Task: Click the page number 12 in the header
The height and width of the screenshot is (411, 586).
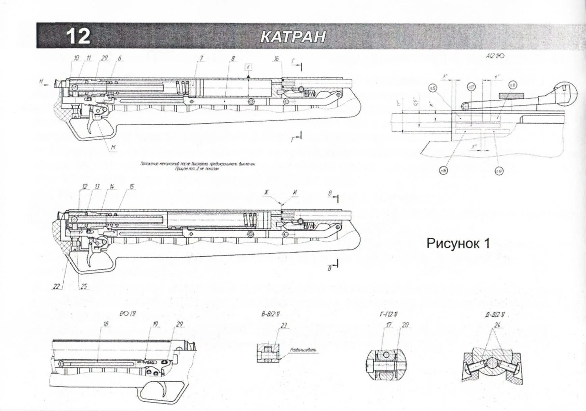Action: [x=78, y=36]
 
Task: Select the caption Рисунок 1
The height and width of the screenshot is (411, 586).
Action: [x=458, y=243]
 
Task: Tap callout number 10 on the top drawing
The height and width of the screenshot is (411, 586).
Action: [x=76, y=58]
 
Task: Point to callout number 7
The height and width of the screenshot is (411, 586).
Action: [x=201, y=58]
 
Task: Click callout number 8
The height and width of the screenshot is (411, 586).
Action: [x=233, y=59]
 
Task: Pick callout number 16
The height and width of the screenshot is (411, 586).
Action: [x=276, y=59]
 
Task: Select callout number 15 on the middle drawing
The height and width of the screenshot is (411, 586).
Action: [x=131, y=187]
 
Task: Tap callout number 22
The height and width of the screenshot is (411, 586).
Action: [x=56, y=287]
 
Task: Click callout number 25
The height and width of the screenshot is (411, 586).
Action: [x=83, y=287]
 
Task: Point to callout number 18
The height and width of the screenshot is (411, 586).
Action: [x=106, y=324]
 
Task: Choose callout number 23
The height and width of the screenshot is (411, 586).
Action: [x=284, y=325]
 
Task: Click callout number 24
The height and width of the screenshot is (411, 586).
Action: [x=497, y=325]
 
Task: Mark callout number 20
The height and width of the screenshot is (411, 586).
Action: [x=405, y=325]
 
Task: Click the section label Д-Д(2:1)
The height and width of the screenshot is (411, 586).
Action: [x=495, y=315]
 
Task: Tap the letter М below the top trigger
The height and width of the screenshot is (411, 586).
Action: [x=113, y=147]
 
